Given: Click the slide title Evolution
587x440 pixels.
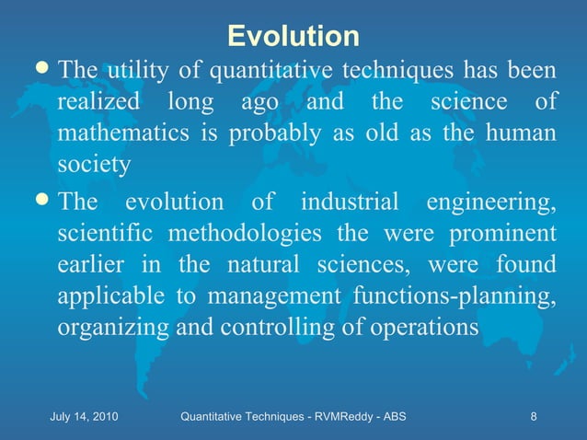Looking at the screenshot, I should click(293, 36).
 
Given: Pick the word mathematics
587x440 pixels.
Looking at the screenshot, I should click(117, 133).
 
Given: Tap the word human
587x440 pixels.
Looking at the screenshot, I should click(522, 133).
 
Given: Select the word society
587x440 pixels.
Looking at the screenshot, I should click(94, 166).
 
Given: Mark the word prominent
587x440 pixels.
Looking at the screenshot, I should click(502, 234).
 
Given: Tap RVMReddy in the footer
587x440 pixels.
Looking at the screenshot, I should click(333, 419).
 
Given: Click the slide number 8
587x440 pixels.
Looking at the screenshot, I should click(534, 419).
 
